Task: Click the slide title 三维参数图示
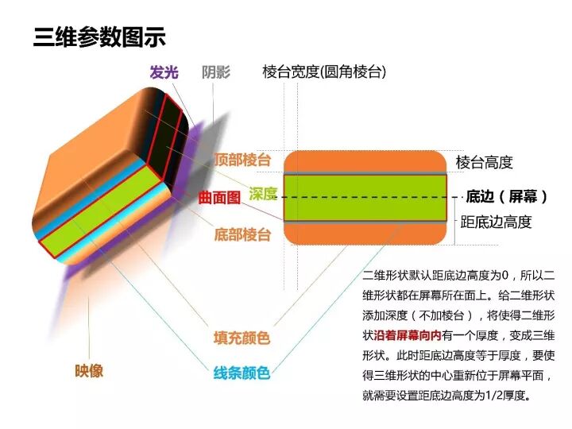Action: [x=99, y=38]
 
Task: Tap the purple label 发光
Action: [x=164, y=72]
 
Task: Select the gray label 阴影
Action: [x=216, y=72]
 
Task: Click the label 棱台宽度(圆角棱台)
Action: [x=324, y=72]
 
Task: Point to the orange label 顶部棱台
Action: [x=242, y=160]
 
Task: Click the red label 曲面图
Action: [x=219, y=198]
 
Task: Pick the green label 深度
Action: [x=262, y=194]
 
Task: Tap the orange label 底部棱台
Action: [x=242, y=234]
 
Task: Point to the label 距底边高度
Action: [x=497, y=222]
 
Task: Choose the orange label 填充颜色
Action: [x=242, y=338]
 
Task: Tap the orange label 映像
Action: [x=89, y=370]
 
